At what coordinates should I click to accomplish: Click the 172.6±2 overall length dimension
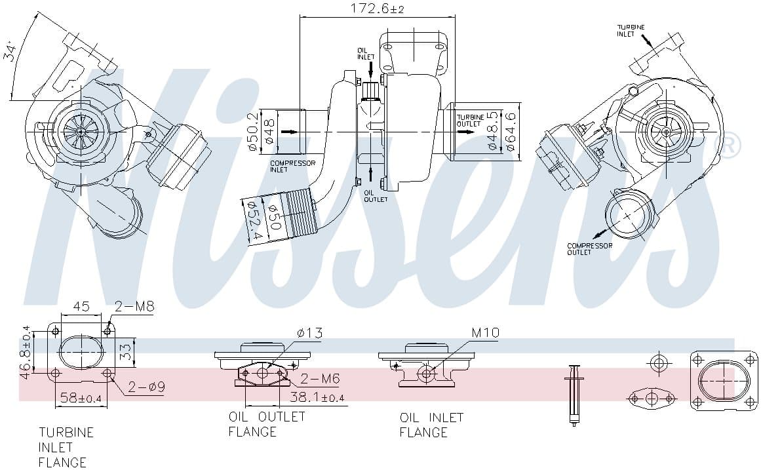click(378, 9)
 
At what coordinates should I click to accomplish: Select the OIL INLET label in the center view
click(366, 53)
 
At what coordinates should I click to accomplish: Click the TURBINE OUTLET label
click(470, 121)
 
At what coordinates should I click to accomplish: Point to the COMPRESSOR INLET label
click(292, 166)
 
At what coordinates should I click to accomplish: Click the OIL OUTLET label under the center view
click(376, 195)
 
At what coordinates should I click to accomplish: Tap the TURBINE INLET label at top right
click(631, 30)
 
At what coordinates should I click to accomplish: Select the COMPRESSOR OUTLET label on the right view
click(589, 249)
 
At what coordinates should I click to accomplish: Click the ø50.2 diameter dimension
click(253, 131)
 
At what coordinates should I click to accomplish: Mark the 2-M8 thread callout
click(134, 306)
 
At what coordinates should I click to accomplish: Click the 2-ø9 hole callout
click(146, 387)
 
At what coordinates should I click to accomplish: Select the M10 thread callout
click(485, 333)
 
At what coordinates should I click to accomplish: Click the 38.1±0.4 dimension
click(317, 397)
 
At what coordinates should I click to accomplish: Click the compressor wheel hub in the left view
click(81, 131)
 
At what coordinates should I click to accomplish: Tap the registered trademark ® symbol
click(732, 145)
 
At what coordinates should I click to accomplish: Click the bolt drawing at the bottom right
click(574, 395)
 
